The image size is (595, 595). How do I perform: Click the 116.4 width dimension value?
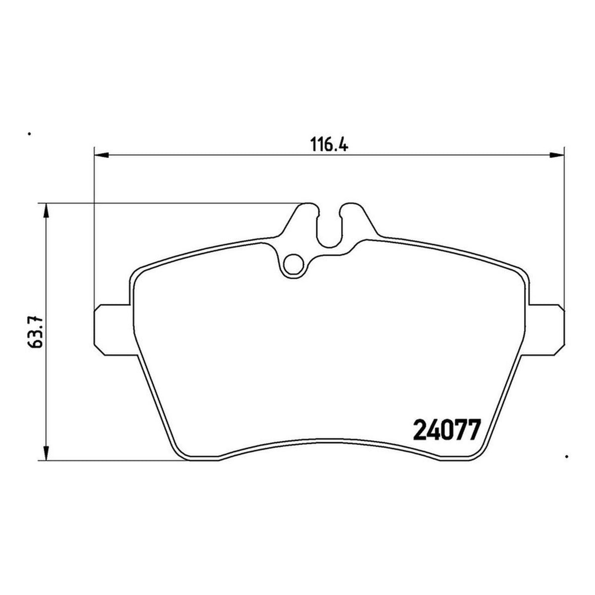pos(329,144)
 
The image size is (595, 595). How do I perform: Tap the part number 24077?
pos(447,429)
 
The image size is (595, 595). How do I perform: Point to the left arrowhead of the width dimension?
pos(101,155)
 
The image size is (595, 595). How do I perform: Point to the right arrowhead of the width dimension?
pos(556,155)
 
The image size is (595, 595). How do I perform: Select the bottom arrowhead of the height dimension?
pos(46,453)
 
